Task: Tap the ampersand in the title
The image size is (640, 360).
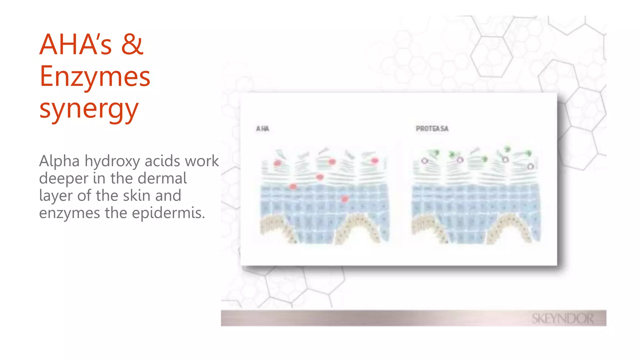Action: click(132, 44)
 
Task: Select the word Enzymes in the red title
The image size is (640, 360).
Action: click(95, 77)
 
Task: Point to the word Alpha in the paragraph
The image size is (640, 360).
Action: click(59, 161)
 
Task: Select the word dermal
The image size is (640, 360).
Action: click(162, 178)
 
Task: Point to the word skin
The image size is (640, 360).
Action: click(137, 196)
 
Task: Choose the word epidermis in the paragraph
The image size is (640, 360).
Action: click(168, 213)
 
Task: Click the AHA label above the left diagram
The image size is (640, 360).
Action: click(262, 128)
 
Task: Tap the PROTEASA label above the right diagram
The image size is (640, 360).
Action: click(432, 128)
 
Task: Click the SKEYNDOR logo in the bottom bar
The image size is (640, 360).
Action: click(562, 319)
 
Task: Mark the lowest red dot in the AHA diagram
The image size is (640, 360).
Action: click(345, 199)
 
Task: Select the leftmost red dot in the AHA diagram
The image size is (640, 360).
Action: click(277, 163)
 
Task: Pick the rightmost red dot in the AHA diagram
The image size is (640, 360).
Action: click(375, 161)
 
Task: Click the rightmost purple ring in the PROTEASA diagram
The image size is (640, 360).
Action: click(530, 166)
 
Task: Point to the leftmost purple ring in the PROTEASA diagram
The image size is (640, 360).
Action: click(424, 161)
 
